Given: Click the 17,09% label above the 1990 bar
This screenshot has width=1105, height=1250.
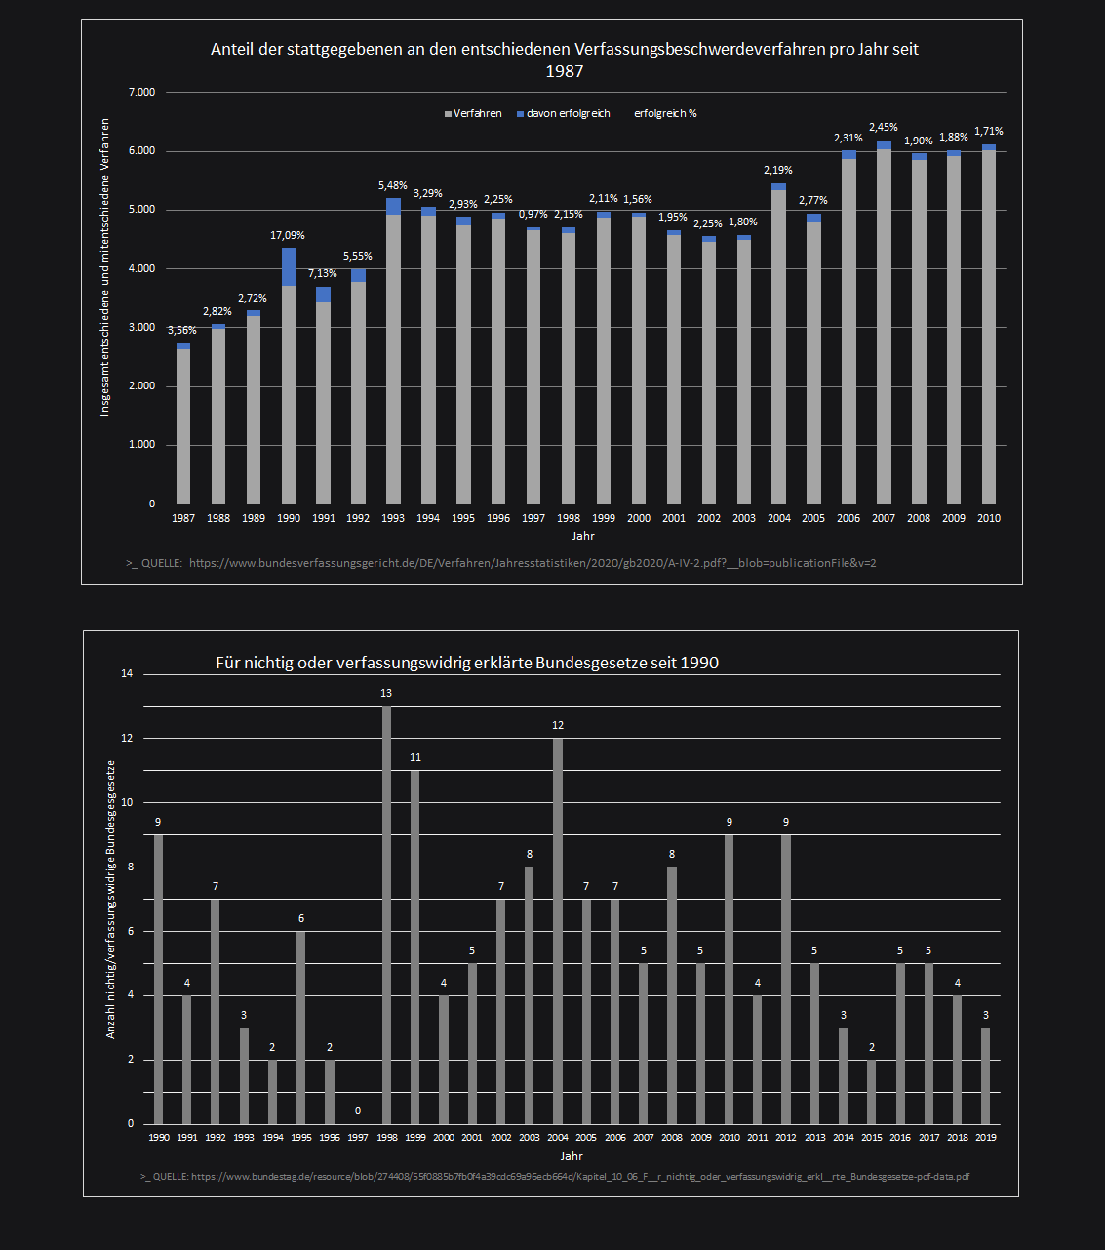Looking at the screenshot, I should [x=288, y=235].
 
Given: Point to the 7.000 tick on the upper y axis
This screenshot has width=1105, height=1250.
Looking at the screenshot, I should [x=141, y=93].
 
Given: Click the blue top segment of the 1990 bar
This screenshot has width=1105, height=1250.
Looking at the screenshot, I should [x=289, y=266].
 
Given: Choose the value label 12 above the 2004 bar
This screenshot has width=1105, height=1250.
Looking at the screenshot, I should [x=558, y=726].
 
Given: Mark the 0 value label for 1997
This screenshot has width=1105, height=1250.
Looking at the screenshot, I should [x=358, y=1110].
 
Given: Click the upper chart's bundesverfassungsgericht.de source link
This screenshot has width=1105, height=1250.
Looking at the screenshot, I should [x=533, y=563].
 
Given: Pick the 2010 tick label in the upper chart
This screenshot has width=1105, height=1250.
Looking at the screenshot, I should [x=989, y=518].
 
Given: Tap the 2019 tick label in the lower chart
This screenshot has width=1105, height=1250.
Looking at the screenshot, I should [x=986, y=1137].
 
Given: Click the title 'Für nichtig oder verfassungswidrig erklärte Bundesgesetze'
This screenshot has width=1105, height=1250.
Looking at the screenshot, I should [x=467, y=664].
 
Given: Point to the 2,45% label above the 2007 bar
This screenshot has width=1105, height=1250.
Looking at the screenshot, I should [x=884, y=128].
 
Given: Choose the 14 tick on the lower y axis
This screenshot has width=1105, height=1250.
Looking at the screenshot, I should [x=127, y=674].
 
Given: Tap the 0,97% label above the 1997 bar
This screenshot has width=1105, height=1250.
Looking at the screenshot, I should [x=533, y=215].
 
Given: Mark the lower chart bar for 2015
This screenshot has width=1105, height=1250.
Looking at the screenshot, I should [x=872, y=1092].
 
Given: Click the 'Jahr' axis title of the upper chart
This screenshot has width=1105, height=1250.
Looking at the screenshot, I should [x=583, y=536].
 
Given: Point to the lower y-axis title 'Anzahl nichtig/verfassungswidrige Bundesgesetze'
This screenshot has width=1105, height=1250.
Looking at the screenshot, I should [x=111, y=899].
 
